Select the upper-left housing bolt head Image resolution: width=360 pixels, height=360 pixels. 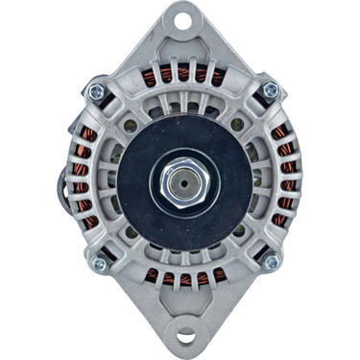coord(96,91)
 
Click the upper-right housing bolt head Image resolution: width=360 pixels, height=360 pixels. coord(271,90)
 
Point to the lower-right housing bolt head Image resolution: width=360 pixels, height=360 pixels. coord(271,261)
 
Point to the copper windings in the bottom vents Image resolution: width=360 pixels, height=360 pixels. coord(182,279)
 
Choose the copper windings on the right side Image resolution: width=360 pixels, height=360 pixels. coord(283,178)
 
